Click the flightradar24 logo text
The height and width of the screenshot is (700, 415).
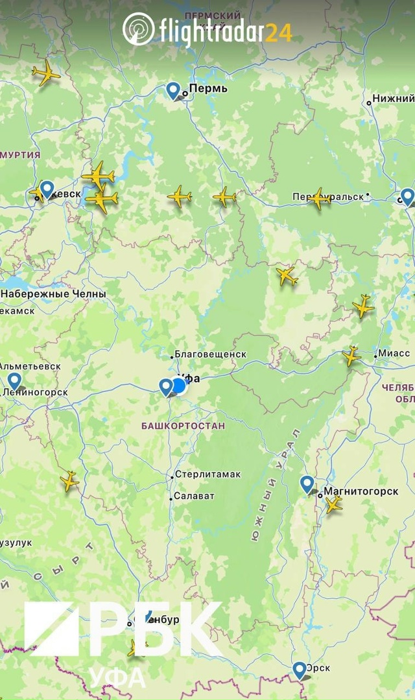tap(224, 30)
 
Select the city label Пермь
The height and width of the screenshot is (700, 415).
tap(208, 88)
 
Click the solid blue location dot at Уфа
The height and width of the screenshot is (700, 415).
tap(179, 386)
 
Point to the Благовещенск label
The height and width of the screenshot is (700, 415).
tap(211, 355)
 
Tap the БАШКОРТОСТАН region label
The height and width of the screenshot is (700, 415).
tap(183, 426)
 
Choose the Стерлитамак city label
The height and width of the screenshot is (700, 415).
tap(207, 474)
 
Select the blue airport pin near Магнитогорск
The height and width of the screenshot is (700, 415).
tap(307, 484)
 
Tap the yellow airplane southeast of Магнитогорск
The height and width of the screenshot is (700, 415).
tap(333, 504)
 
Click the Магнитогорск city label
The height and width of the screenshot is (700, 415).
tap(361, 491)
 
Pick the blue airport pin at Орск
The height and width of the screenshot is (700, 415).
tap(300, 670)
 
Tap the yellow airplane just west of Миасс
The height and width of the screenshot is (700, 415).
tap(351, 355)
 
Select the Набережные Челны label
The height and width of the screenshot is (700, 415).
tap(53, 294)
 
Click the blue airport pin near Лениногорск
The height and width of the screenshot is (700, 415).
tap(14, 381)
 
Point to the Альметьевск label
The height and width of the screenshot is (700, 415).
tap(30, 366)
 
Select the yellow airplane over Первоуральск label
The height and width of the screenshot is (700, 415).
tap(318, 198)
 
